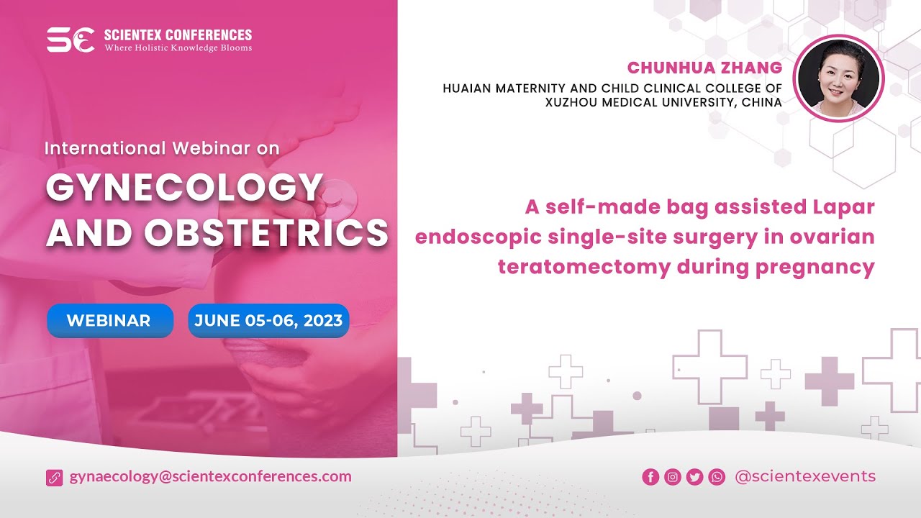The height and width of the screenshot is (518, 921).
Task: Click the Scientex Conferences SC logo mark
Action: (70, 40)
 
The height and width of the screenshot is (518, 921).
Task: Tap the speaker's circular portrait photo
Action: (839, 78)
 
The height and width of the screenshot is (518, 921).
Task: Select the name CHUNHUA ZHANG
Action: (704, 68)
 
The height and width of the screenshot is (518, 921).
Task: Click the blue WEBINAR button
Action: (109, 321)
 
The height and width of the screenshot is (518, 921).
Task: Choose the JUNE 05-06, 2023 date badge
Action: (268, 321)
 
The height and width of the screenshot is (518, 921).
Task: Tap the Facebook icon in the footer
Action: (650, 477)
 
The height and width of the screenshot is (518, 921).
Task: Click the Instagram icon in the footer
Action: (673, 477)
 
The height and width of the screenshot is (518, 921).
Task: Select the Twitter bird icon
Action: (694, 477)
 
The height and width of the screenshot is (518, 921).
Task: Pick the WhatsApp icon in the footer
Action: (717, 477)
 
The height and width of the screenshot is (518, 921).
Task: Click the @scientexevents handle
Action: (804, 476)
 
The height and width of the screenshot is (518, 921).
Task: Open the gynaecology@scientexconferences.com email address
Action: (210, 476)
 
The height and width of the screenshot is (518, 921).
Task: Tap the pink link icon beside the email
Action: (55, 477)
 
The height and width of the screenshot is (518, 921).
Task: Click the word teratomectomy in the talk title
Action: (584, 267)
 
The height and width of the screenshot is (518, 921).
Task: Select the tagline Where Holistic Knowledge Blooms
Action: (178, 48)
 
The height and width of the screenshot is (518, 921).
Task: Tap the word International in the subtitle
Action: (106, 148)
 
